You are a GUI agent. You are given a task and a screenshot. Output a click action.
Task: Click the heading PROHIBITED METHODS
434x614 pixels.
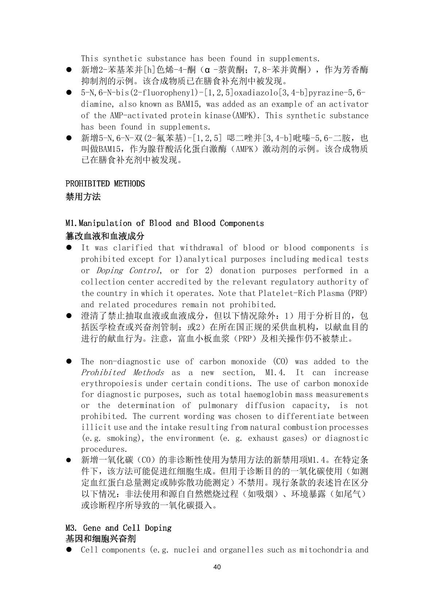[105, 184]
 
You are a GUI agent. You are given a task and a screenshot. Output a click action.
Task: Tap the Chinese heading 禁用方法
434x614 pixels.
[83, 197]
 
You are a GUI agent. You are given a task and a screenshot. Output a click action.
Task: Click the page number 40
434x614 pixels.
[217, 567]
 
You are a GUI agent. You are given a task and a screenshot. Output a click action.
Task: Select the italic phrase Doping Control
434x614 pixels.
[128, 270]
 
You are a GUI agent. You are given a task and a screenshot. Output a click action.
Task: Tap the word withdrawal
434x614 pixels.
[201, 248]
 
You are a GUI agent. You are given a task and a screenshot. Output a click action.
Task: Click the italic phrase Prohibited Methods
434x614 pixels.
[122, 372]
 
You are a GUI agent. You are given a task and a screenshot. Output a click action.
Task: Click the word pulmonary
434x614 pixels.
[218, 405]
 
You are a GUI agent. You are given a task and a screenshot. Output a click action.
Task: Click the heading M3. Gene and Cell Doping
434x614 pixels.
[119, 528]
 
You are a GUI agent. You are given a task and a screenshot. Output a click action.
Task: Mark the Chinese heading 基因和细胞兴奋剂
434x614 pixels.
[101, 538]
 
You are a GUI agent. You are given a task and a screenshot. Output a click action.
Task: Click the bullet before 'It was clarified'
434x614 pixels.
[69, 248]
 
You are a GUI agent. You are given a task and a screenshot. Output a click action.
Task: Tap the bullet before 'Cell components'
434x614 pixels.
[69, 550]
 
